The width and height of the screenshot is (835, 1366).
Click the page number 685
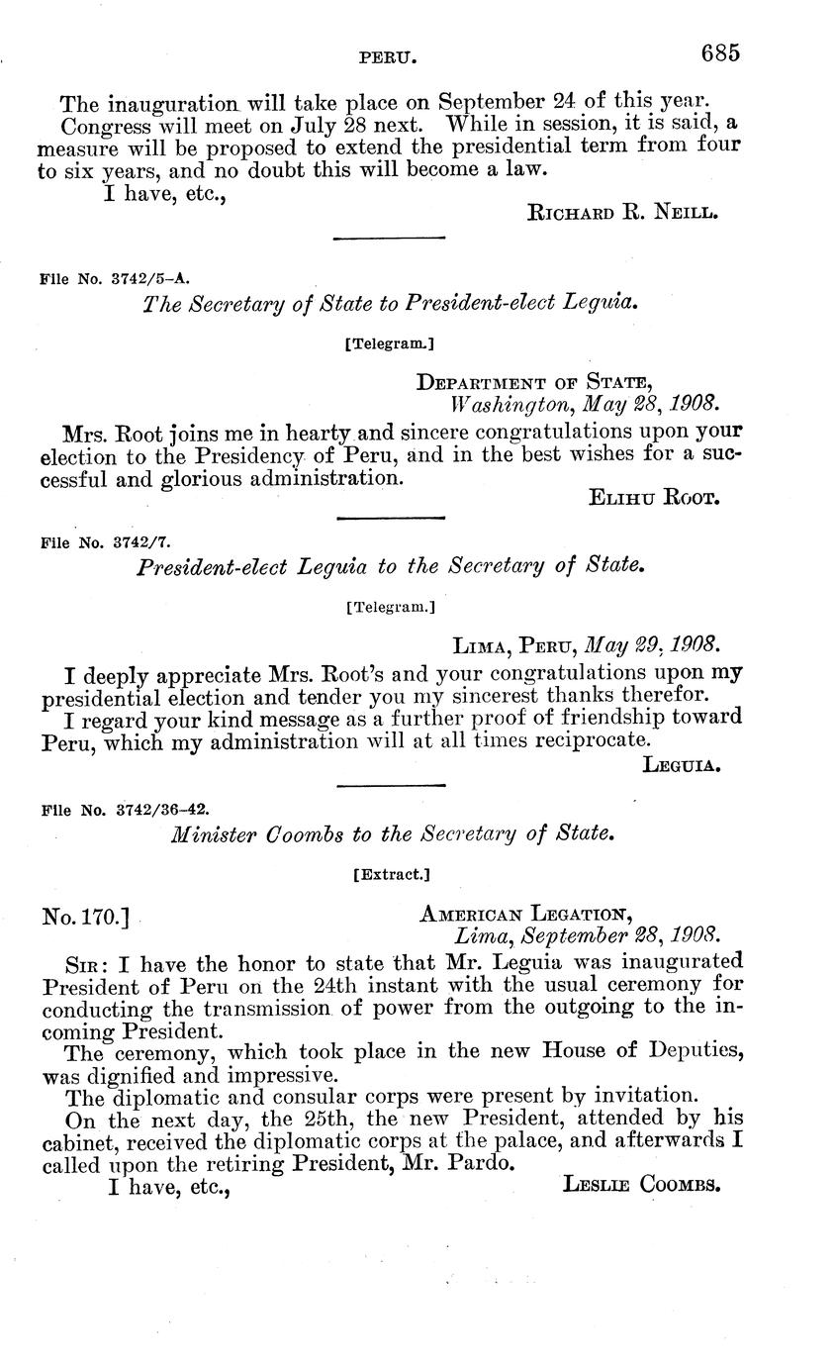point(721,53)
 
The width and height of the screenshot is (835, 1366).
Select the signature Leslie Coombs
point(640,1183)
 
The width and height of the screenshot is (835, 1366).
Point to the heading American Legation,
point(525,913)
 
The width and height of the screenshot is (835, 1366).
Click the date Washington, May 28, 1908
point(585,404)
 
